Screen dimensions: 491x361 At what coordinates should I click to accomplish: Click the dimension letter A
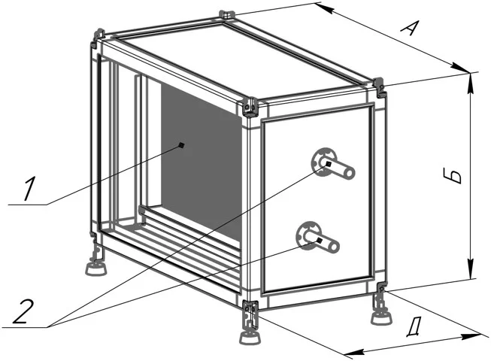(410, 28)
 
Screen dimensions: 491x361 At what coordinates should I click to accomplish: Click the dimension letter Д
(414, 327)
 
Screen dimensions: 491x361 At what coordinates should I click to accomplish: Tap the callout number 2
(23, 311)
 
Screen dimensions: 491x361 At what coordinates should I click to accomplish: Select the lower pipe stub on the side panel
(318, 236)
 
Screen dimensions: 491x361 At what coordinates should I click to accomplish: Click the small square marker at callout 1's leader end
(181, 145)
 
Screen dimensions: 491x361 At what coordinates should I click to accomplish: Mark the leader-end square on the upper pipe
(328, 164)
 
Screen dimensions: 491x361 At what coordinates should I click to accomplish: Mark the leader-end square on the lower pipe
(319, 241)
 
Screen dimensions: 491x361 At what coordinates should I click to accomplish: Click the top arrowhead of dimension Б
(471, 84)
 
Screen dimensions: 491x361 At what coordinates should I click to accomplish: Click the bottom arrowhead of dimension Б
(471, 268)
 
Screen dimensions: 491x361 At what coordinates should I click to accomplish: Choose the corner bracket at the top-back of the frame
(227, 15)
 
